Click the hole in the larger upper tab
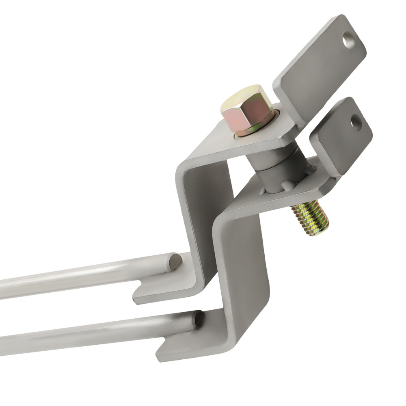coord(348,41)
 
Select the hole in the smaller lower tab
coord(356,121)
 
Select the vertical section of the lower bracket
coord(244,276)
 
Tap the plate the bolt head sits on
coord(227,146)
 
